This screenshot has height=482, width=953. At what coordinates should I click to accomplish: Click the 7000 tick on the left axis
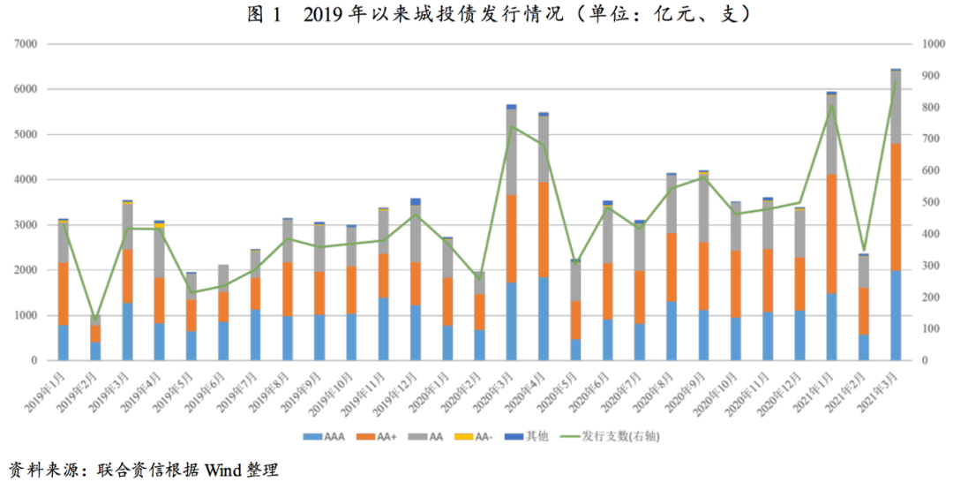point(25,44)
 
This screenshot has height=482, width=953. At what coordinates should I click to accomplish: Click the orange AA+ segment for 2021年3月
point(895,207)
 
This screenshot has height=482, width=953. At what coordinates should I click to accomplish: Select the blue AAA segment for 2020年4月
point(544,319)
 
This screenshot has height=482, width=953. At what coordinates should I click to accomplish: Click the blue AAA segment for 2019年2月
point(95,351)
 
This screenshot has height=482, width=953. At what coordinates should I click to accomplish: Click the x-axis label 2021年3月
point(882,388)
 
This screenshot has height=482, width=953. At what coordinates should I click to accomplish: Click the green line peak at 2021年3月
point(896,81)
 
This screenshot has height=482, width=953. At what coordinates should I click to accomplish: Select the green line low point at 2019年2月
point(95,321)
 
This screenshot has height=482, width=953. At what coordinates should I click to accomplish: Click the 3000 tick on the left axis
point(25,225)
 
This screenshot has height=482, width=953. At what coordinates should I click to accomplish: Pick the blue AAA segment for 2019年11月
point(384,329)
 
